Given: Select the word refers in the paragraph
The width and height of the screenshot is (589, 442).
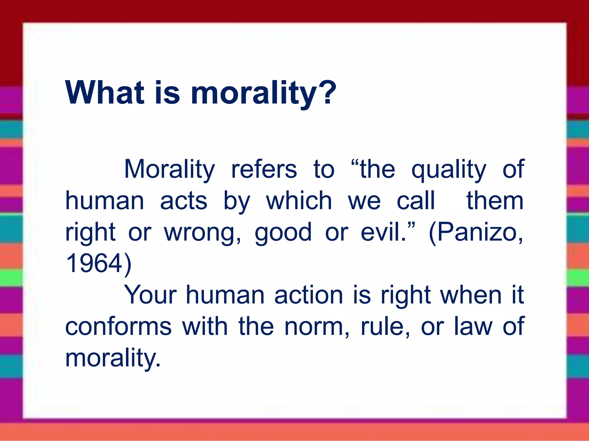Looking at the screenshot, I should pos(264,170).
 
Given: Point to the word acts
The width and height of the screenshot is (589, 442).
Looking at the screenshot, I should pos(183,201).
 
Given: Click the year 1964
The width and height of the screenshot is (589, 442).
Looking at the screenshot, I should pos(94,264).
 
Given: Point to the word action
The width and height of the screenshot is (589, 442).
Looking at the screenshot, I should pos(309,296).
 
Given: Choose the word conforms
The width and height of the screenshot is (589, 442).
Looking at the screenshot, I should pos(118,327).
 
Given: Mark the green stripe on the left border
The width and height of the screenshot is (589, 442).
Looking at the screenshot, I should pos(11,278).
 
